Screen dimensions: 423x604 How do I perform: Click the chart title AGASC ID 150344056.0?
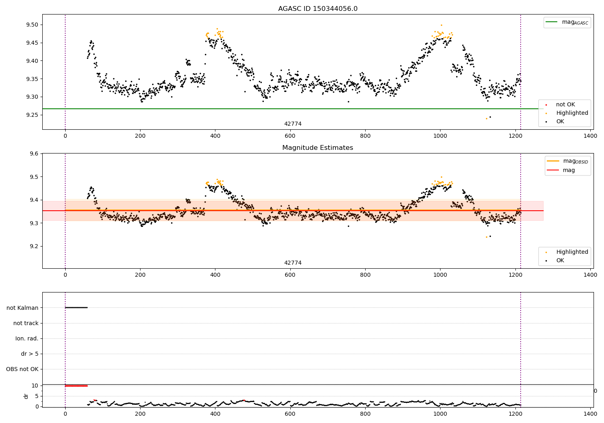[x=318, y=9]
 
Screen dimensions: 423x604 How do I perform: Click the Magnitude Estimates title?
[x=318, y=148]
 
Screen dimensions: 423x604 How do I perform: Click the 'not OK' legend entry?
[x=565, y=105]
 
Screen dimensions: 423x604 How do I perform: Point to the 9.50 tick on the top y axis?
[x=32, y=25]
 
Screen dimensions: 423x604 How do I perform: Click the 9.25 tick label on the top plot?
[x=32, y=115]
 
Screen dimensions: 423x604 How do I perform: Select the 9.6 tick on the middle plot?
[x=34, y=153]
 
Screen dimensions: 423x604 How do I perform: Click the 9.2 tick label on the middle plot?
[x=34, y=246]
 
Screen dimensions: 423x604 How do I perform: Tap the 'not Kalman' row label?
[x=23, y=308]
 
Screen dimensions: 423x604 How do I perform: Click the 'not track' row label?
[x=26, y=323]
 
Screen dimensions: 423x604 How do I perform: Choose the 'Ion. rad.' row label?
[x=27, y=338]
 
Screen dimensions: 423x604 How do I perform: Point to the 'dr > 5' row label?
[x=30, y=354]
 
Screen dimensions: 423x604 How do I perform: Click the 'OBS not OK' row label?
[x=22, y=369]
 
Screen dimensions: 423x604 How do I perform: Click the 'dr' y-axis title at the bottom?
[x=26, y=396]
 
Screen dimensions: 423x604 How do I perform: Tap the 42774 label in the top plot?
[x=293, y=124]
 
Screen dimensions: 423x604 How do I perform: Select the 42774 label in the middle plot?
[x=293, y=263]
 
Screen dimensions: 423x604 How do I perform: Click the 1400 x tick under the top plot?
[x=590, y=136]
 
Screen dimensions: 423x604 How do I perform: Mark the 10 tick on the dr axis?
[x=35, y=386]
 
